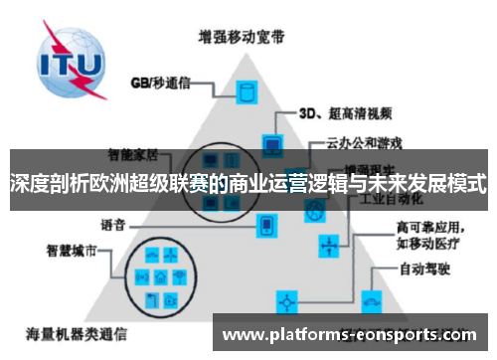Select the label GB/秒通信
tap(158, 83)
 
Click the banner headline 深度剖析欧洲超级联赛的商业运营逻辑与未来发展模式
tap(248, 184)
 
